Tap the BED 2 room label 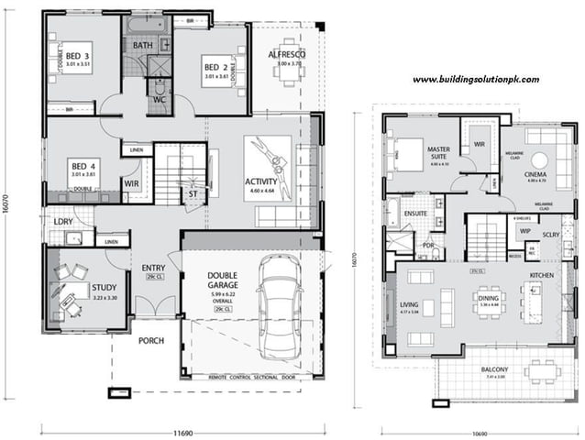(216, 67)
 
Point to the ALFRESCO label (286, 55)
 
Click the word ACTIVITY (261, 181)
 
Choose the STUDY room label (105, 288)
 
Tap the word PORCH (151, 342)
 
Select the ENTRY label (154, 268)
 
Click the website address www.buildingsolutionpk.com (475, 80)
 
